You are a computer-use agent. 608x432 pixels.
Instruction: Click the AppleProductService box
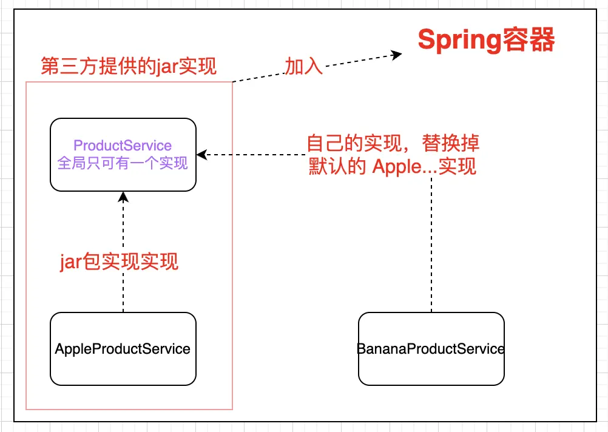click(123, 349)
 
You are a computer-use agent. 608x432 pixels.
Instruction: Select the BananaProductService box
click(431, 349)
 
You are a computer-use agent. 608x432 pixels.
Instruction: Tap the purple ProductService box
click(123, 154)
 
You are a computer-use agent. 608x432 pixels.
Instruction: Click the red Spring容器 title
click(486, 41)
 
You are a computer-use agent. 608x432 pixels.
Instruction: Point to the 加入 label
click(303, 66)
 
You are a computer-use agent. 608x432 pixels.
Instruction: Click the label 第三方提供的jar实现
click(128, 66)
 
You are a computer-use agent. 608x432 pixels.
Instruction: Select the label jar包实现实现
click(119, 262)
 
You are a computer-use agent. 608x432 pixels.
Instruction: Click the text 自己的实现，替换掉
click(393, 143)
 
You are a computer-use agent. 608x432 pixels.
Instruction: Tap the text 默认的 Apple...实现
click(393, 166)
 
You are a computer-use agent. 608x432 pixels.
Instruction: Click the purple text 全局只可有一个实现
click(123, 163)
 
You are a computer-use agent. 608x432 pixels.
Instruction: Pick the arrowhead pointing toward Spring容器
click(397, 55)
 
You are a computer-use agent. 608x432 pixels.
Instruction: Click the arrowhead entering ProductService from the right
click(201, 155)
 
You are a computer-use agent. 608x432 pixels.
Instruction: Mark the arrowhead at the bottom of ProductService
click(123, 196)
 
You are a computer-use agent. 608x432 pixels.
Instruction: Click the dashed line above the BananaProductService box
click(431, 243)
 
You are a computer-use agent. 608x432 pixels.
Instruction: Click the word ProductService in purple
click(123, 146)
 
